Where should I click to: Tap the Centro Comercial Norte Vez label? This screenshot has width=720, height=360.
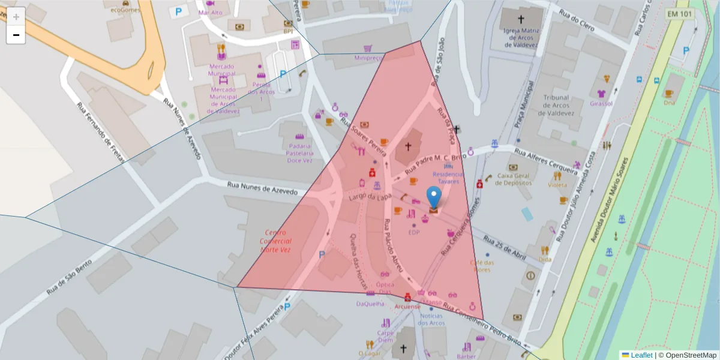click(275, 241)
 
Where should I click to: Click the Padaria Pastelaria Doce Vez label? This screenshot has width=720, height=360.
click(299, 153)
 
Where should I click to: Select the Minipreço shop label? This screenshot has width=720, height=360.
click(368, 58)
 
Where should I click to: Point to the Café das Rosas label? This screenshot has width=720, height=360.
click(482, 266)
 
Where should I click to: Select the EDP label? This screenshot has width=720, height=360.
click(414, 232)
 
